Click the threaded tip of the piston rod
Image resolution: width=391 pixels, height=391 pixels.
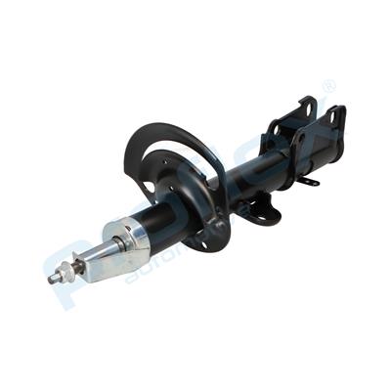pyautogui.click(x=51, y=281)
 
